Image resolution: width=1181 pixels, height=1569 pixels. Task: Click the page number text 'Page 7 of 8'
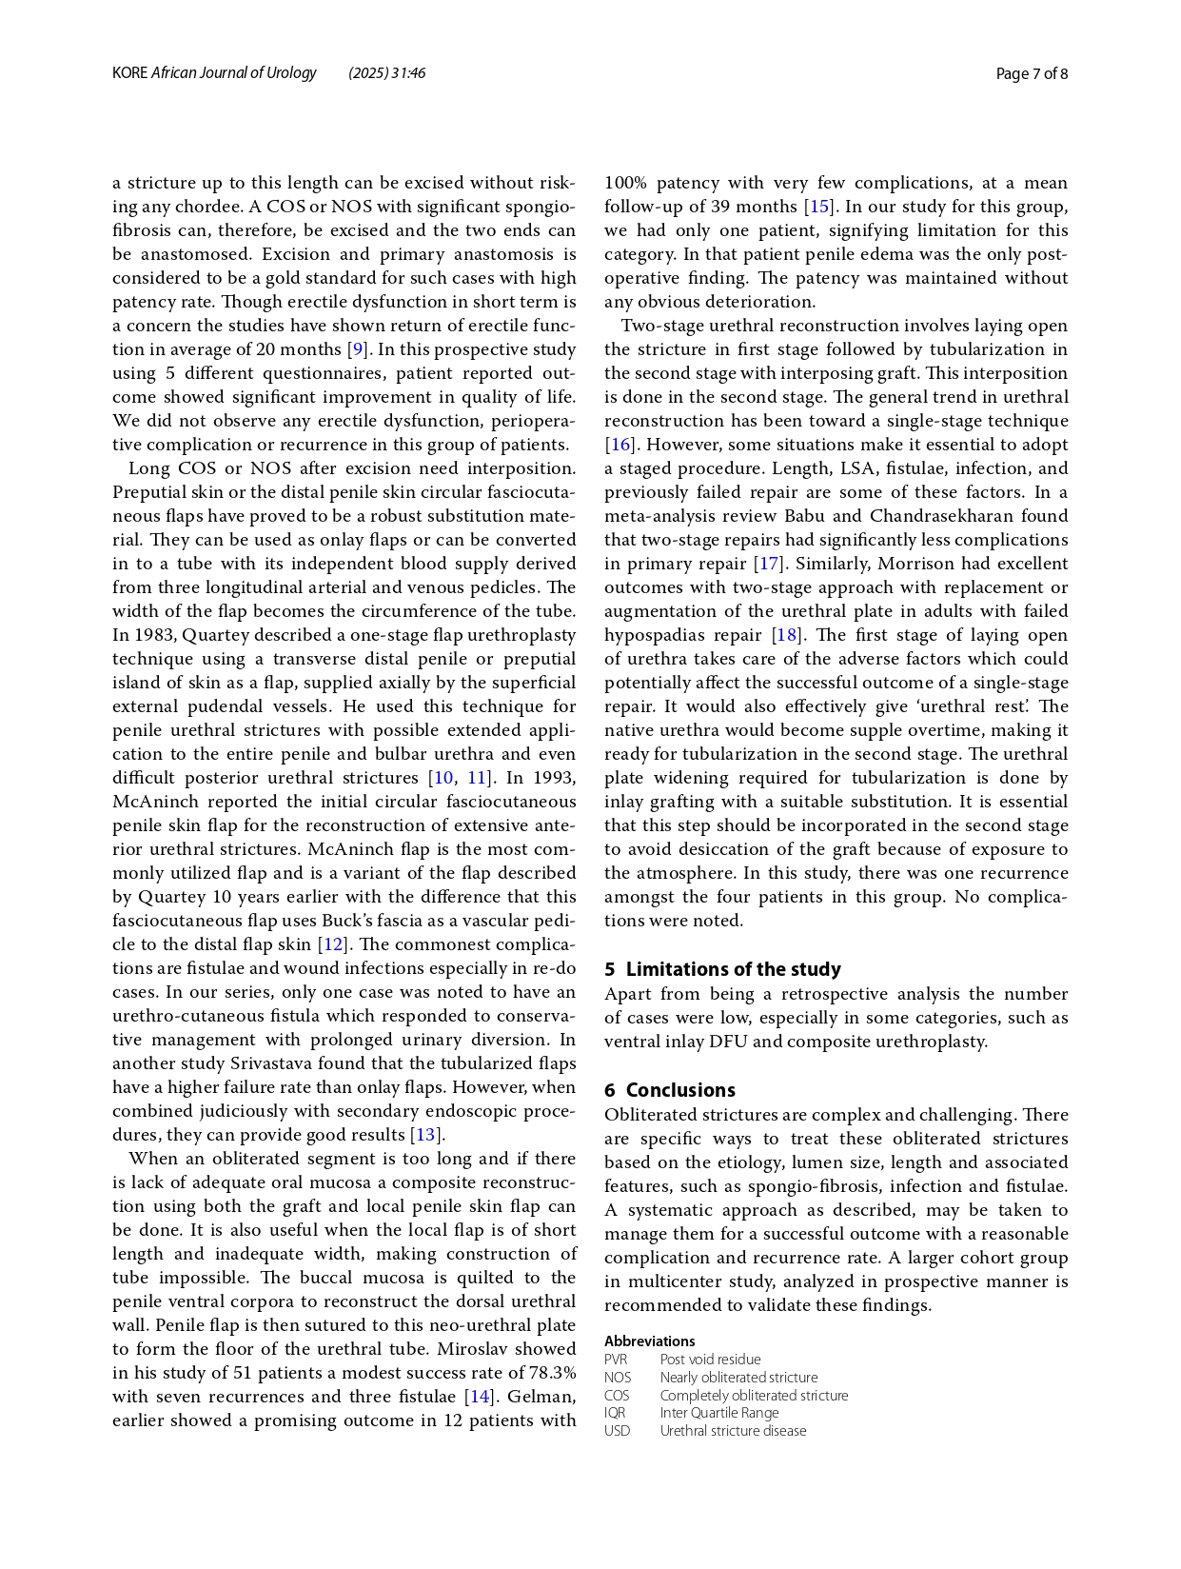1032,73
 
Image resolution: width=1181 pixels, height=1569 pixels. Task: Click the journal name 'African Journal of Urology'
233,72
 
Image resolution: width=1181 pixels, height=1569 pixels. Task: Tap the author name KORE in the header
129,72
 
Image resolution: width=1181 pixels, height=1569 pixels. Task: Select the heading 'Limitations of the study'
733,969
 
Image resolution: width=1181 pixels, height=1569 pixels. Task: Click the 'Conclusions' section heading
680,1090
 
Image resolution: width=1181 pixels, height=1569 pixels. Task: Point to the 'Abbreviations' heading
649,1341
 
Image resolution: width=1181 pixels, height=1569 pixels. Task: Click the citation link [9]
358,349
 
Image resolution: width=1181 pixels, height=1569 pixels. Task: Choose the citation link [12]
331,944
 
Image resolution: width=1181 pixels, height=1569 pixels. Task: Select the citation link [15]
818,207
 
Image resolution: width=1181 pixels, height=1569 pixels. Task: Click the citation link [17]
767,564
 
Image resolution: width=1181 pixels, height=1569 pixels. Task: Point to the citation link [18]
786,635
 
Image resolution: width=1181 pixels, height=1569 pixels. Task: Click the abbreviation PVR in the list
616,1360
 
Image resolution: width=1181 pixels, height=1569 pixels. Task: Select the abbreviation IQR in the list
615,1413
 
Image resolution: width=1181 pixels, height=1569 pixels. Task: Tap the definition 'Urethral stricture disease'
733,1431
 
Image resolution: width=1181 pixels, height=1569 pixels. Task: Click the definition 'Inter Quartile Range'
718,1413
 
